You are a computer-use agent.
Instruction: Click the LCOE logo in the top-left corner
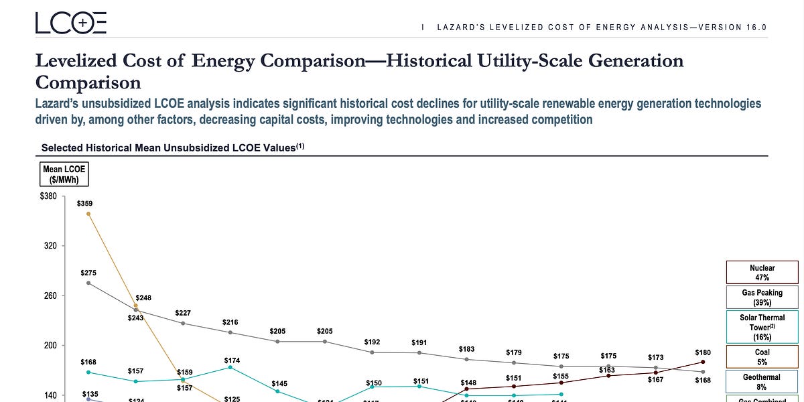[x=70, y=23]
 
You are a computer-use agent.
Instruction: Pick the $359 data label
[x=85, y=202]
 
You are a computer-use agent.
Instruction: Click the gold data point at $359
[x=88, y=214]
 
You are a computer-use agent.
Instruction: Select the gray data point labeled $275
[x=88, y=283]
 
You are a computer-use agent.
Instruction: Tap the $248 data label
[x=143, y=297]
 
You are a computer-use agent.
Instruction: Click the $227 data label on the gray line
[x=183, y=313]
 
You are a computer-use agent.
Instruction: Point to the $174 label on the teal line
[x=231, y=360]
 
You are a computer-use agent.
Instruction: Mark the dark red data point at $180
[x=702, y=362]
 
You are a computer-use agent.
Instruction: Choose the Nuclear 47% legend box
[x=762, y=273]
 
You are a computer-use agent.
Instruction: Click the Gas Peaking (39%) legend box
[x=762, y=297]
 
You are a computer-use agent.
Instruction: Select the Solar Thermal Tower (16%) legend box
[x=762, y=327]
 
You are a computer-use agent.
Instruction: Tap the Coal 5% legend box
[x=762, y=356]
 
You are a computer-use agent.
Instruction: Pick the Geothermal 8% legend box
[x=762, y=382]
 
